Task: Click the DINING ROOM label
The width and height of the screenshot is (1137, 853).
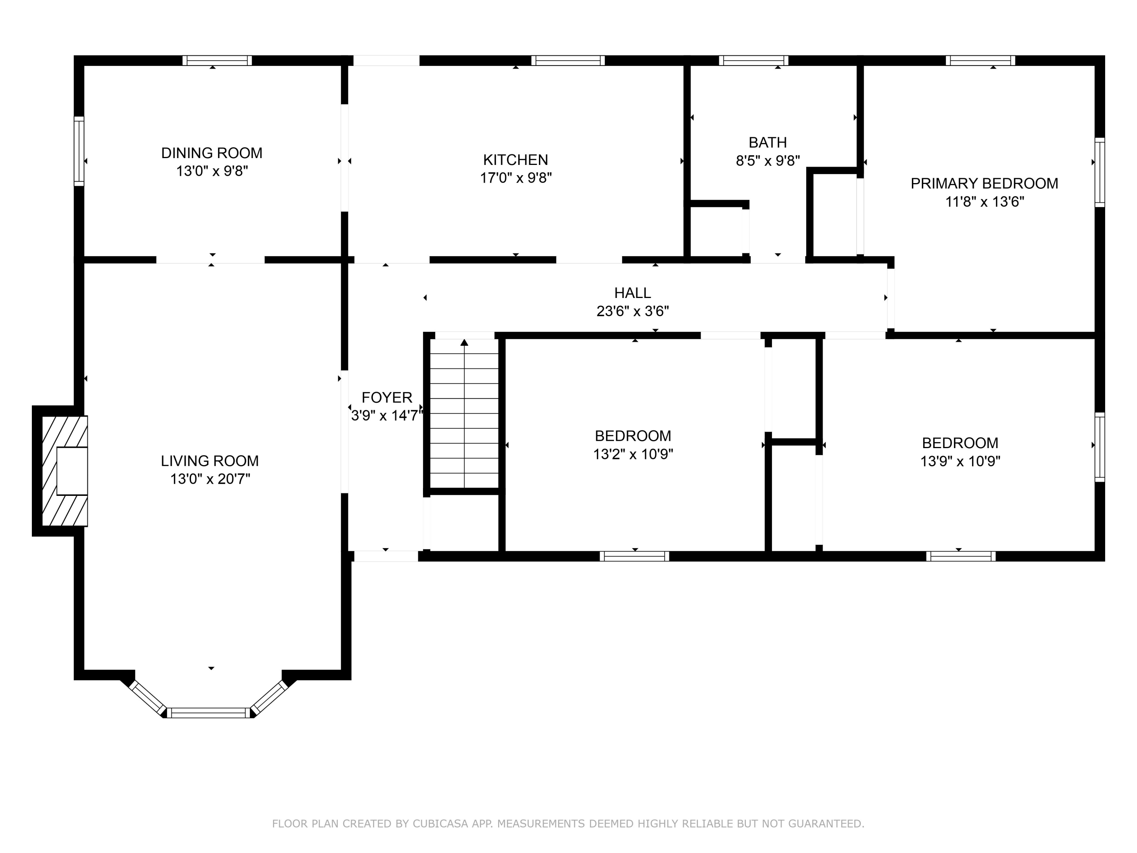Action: coord(212,153)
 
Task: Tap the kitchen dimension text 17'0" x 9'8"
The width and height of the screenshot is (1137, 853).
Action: coord(515,178)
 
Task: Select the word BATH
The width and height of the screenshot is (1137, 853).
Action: coord(767,143)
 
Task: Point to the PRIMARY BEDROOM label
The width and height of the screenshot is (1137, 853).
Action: coord(984,183)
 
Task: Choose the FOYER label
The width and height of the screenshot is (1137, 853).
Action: coord(387,397)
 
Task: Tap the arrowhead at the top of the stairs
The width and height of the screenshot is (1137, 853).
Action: coord(464,342)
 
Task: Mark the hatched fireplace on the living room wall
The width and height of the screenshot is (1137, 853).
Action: coord(64,470)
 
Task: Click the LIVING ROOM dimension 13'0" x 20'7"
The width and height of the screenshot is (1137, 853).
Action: coord(210,479)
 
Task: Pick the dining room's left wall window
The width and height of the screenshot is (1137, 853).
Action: coord(79,151)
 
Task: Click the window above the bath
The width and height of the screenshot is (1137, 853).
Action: coord(753,61)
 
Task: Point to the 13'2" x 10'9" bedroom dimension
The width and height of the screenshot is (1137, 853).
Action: coord(633,455)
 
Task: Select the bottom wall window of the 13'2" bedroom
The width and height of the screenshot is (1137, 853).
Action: coord(634,556)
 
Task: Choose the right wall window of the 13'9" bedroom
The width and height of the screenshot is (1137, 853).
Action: coord(1099,447)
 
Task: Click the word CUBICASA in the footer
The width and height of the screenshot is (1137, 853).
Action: coord(440,824)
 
